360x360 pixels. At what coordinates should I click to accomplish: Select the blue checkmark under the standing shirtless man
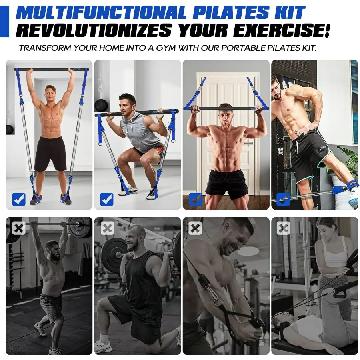18,199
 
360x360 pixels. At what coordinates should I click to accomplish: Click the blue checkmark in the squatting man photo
106,199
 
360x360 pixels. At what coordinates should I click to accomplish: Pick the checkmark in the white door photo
195,199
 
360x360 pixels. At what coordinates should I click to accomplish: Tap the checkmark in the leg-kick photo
283,199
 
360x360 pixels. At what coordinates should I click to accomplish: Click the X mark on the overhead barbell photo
18,228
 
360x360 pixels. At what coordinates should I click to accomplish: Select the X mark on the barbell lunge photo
107,228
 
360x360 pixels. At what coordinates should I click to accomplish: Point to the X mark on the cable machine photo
195,228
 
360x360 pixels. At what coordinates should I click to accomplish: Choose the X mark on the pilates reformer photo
283,228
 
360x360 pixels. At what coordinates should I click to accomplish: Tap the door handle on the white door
249,143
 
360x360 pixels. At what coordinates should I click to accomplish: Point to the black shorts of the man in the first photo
50,153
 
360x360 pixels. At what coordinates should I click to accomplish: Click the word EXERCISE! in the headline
282,30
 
